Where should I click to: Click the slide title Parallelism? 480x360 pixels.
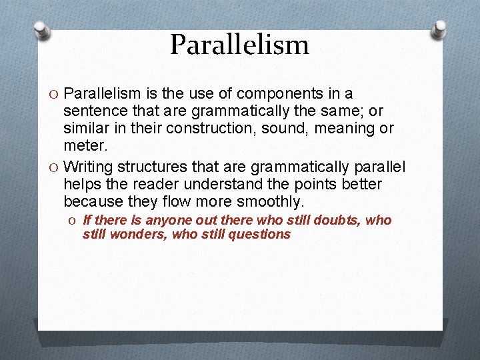click(x=239, y=45)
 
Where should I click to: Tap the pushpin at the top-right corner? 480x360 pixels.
click(x=440, y=29)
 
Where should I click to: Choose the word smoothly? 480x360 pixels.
click(x=267, y=201)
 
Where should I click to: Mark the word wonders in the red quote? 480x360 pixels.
click(x=139, y=235)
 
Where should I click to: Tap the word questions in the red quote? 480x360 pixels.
click(x=261, y=235)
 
